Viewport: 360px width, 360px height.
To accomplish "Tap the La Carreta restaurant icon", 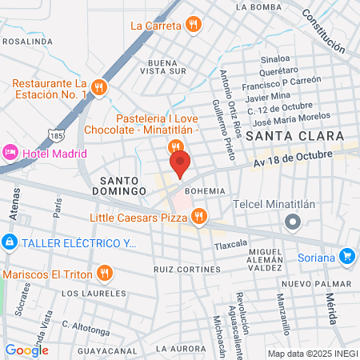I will tap(193, 25).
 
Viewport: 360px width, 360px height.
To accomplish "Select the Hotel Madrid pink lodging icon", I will tap(10, 151).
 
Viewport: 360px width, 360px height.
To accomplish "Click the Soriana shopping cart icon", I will tap(346, 256).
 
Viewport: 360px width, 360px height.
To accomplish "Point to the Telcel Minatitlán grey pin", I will tap(294, 222).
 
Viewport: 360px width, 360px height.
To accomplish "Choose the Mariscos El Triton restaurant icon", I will tap(104, 274).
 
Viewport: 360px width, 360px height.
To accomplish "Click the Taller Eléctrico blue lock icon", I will tap(9, 241).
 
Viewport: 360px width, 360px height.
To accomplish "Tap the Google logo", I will tap(26, 350).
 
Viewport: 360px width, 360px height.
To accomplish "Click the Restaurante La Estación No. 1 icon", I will tap(98, 87).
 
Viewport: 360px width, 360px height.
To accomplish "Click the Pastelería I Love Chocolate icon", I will tap(175, 147).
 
